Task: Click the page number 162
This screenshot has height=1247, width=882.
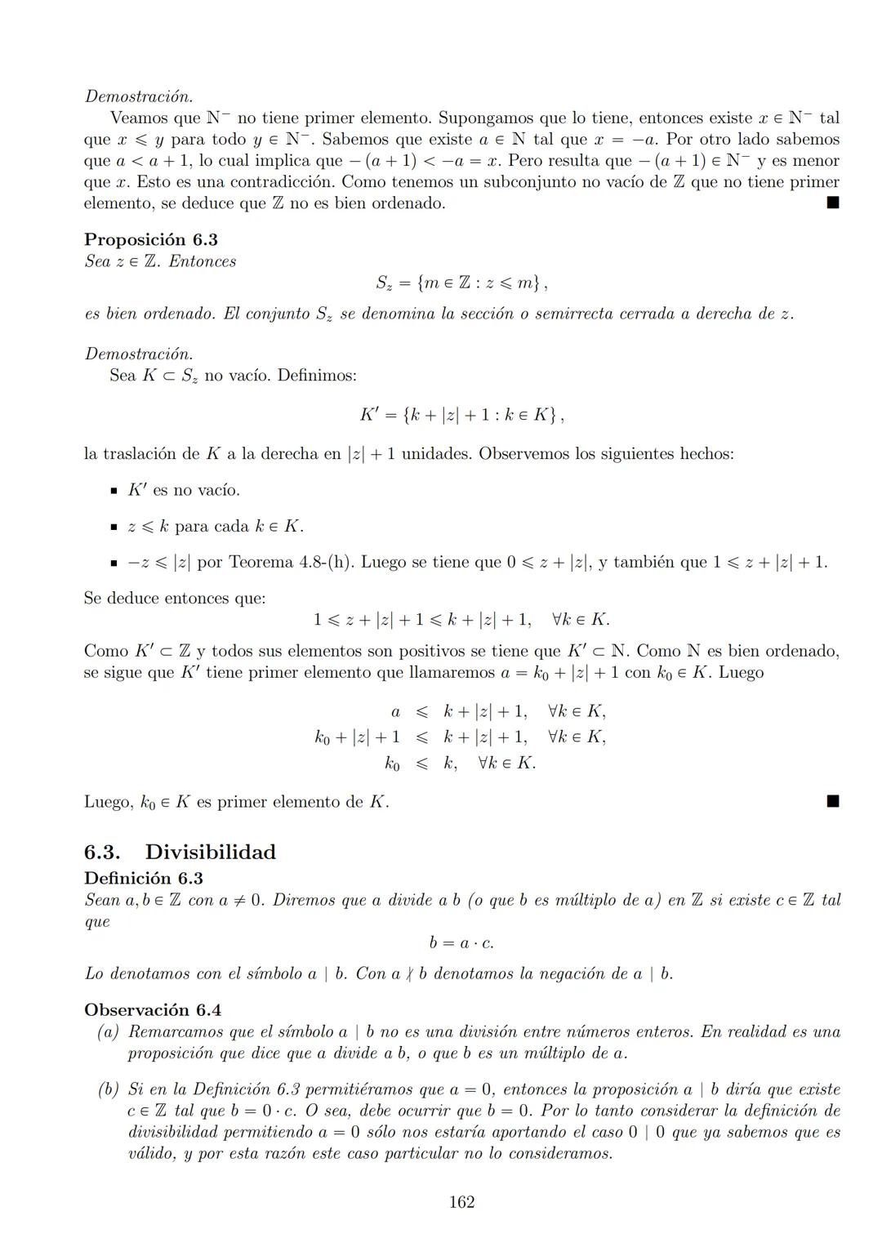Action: [461, 1202]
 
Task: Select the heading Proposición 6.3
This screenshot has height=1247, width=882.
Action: [150, 239]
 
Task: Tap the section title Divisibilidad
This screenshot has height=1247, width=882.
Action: [210, 852]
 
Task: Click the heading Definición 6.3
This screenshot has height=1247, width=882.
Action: [143, 878]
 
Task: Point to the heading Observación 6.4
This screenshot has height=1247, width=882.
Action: [152, 1009]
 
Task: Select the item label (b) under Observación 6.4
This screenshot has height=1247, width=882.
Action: [109, 1089]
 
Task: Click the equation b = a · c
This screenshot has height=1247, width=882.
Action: [461, 943]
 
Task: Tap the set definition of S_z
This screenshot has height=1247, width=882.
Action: [461, 283]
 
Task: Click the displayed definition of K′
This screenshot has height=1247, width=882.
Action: [461, 415]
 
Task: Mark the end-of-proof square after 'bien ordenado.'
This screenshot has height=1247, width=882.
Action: [832, 203]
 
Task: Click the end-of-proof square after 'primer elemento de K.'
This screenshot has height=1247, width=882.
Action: [832, 802]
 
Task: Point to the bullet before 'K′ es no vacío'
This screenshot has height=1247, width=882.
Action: [114, 491]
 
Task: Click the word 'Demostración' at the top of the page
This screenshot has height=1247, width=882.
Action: [139, 96]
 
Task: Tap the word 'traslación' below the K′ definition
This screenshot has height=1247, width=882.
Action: [148, 453]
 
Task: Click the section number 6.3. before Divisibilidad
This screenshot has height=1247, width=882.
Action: [102, 852]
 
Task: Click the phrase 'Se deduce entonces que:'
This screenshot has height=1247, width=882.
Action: [174, 598]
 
